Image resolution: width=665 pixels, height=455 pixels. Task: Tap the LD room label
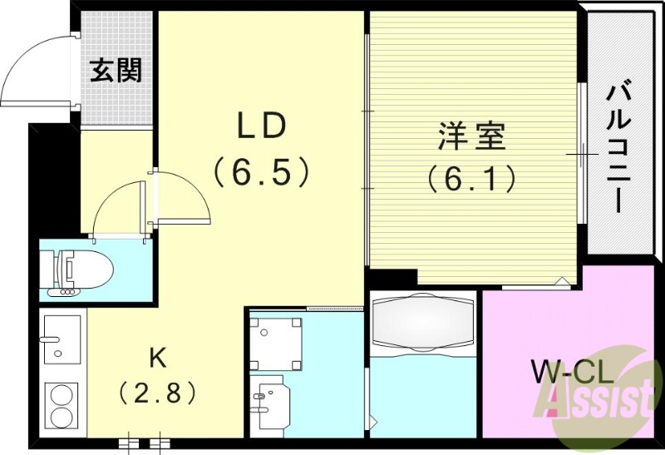tap(262, 126)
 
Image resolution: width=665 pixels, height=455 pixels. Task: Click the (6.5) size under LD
tap(262, 172)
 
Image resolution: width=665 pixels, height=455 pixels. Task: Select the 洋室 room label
tap(472, 136)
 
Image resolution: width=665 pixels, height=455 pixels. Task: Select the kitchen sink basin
tap(62, 339)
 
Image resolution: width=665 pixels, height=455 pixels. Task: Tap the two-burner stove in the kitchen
tap(62, 405)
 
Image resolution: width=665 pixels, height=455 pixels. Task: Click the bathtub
tap(422, 322)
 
